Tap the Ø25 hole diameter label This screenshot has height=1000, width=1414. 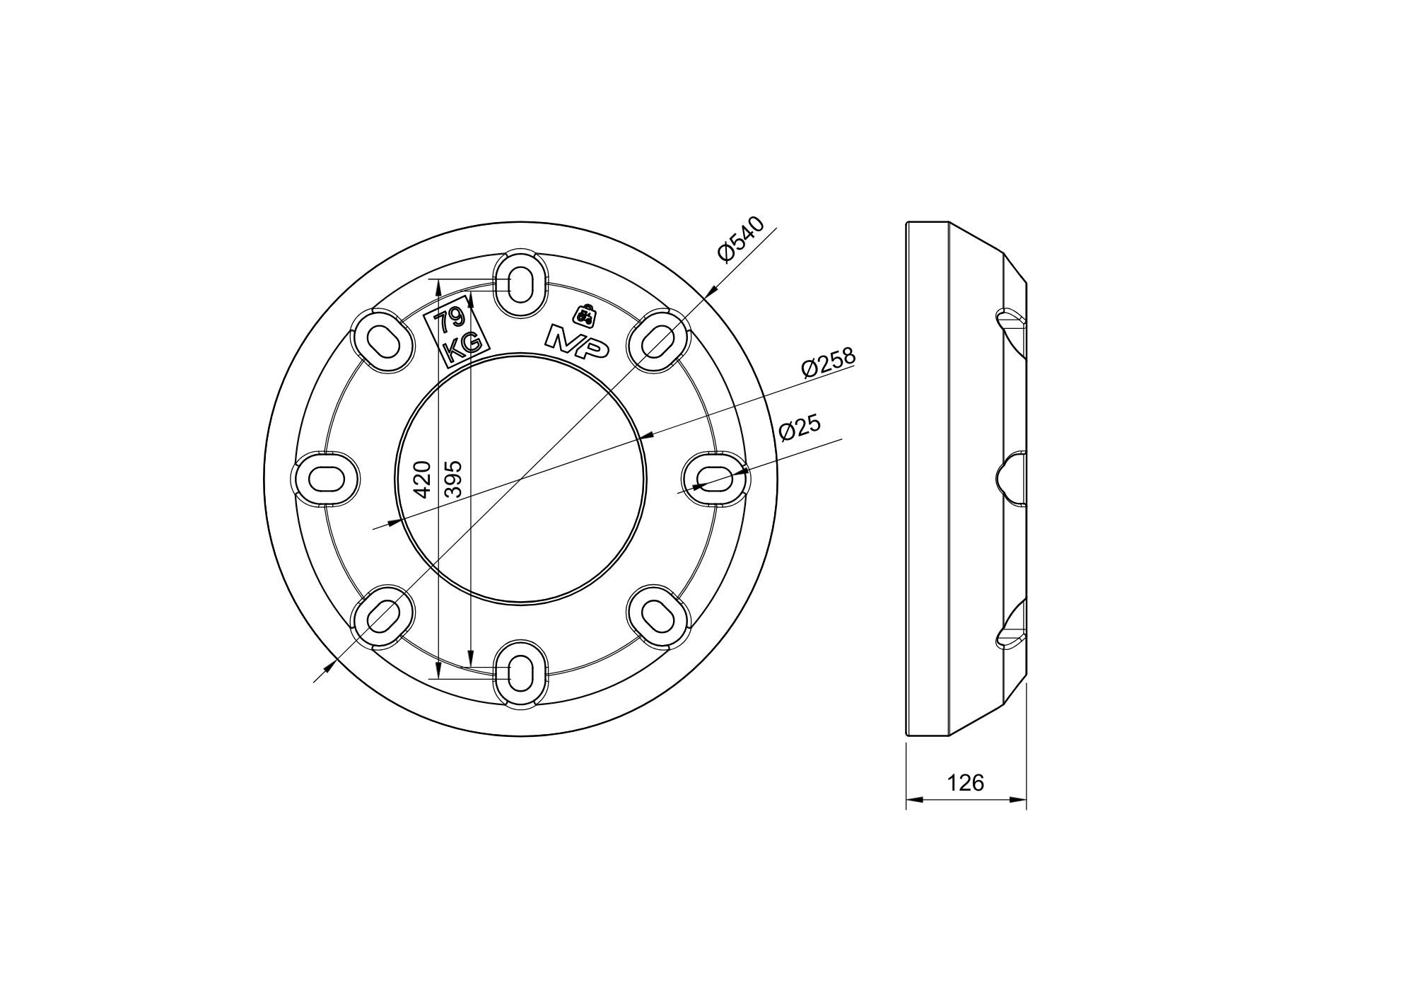point(800,427)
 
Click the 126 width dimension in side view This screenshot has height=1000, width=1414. point(966,782)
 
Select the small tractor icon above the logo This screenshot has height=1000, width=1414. point(585,315)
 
